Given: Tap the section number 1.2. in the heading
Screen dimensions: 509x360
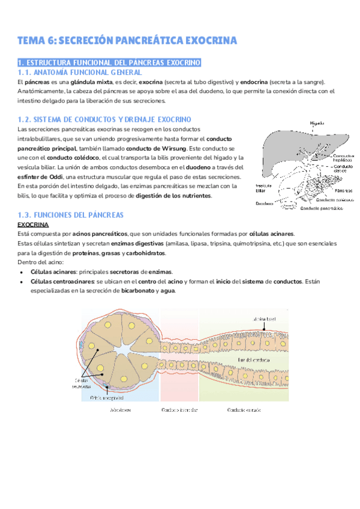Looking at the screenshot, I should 26,119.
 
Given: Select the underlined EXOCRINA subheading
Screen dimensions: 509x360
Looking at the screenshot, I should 33,224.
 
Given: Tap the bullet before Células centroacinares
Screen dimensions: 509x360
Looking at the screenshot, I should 22,282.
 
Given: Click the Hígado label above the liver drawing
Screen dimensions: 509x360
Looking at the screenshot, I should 318,123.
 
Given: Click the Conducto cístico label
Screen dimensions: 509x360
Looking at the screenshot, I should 343,169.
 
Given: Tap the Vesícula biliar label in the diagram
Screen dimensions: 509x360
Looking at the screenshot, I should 263,188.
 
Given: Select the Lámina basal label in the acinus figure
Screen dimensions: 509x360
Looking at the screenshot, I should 263,319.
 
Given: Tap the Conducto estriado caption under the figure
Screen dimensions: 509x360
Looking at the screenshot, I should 243,411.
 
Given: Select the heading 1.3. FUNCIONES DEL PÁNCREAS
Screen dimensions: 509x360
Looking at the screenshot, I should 70,214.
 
